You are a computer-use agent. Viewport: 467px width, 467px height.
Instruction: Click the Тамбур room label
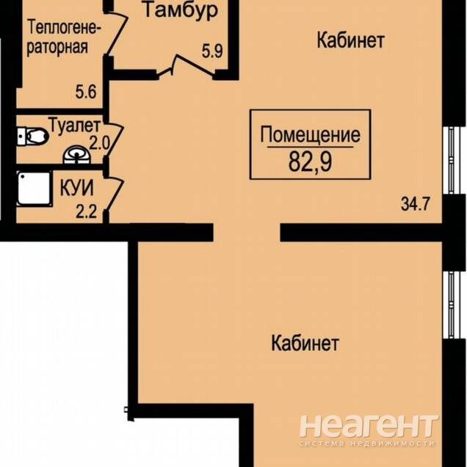click(x=181, y=10)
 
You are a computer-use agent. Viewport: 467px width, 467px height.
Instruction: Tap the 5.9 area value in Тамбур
click(x=212, y=51)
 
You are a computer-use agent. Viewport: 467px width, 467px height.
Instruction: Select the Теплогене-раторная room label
click(x=64, y=37)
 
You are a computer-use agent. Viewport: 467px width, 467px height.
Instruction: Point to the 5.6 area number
click(x=86, y=92)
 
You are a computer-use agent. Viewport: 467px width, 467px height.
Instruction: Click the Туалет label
click(x=74, y=126)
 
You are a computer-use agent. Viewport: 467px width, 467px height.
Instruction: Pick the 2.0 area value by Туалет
click(x=100, y=144)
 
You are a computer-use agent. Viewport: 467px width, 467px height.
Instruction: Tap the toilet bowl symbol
click(x=33, y=137)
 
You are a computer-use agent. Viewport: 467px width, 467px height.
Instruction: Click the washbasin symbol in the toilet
click(x=77, y=155)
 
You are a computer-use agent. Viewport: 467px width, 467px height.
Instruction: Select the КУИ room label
click(x=77, y=188)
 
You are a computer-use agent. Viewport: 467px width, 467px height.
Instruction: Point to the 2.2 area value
click(x=86, y=212)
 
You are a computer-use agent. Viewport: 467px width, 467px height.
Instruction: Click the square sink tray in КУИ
click(x=35, y=189)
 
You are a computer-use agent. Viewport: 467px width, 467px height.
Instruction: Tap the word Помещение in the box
click(x=311, y=136)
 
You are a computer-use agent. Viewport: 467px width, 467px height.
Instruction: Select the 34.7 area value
click(x=415, y=204)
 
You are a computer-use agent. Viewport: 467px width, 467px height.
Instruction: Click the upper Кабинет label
click(x=350, y=40)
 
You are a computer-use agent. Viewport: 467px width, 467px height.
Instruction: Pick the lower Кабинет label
click(x=305, y=343)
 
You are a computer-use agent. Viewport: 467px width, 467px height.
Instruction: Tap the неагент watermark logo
click(x=369, y=430)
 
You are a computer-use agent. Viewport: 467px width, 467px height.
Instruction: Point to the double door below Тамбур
click(x=187, y=67)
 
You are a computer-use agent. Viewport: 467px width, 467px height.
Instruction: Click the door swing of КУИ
click(x=114, y=195)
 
